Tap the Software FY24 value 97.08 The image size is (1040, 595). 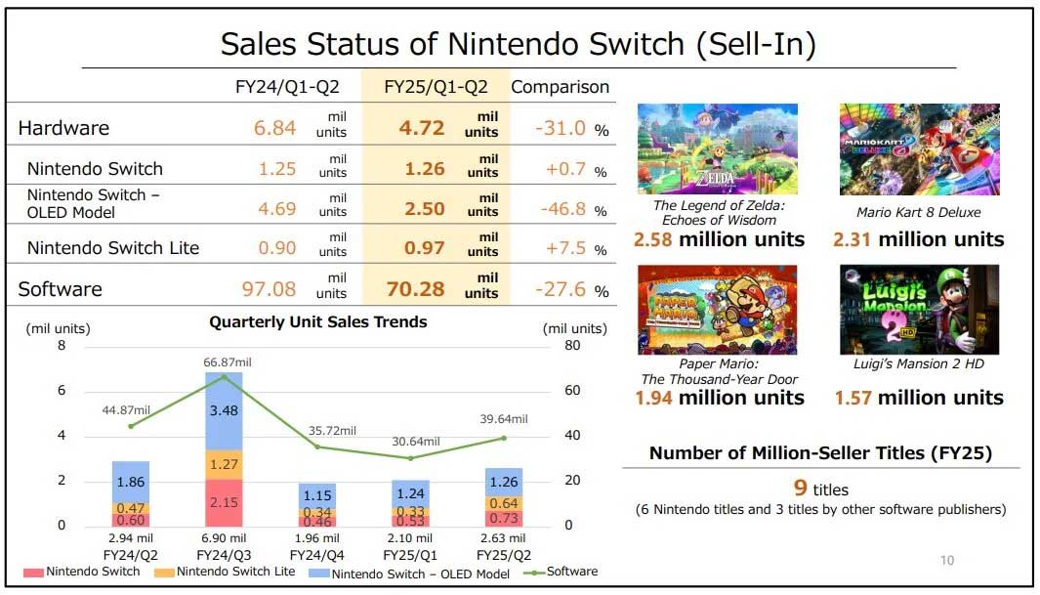tap(268, 289)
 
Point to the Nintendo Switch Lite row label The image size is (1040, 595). tap(113, 248)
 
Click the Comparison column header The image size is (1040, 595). tap(560, 87)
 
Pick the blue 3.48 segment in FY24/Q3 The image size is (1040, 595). tap(224, 410)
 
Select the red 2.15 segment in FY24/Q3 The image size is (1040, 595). tap(224, 502)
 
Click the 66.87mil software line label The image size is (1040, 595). tap(224, 361)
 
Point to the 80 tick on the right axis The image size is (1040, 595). tap(572, 346)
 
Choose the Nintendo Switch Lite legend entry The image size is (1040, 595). tap(230, 572)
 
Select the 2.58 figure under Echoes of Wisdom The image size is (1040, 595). tap(653, 239)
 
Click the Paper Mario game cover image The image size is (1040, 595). tap(717, 309)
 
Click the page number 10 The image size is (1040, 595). tap(946, 560)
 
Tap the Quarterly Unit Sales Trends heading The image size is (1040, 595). tap(318, 321)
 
